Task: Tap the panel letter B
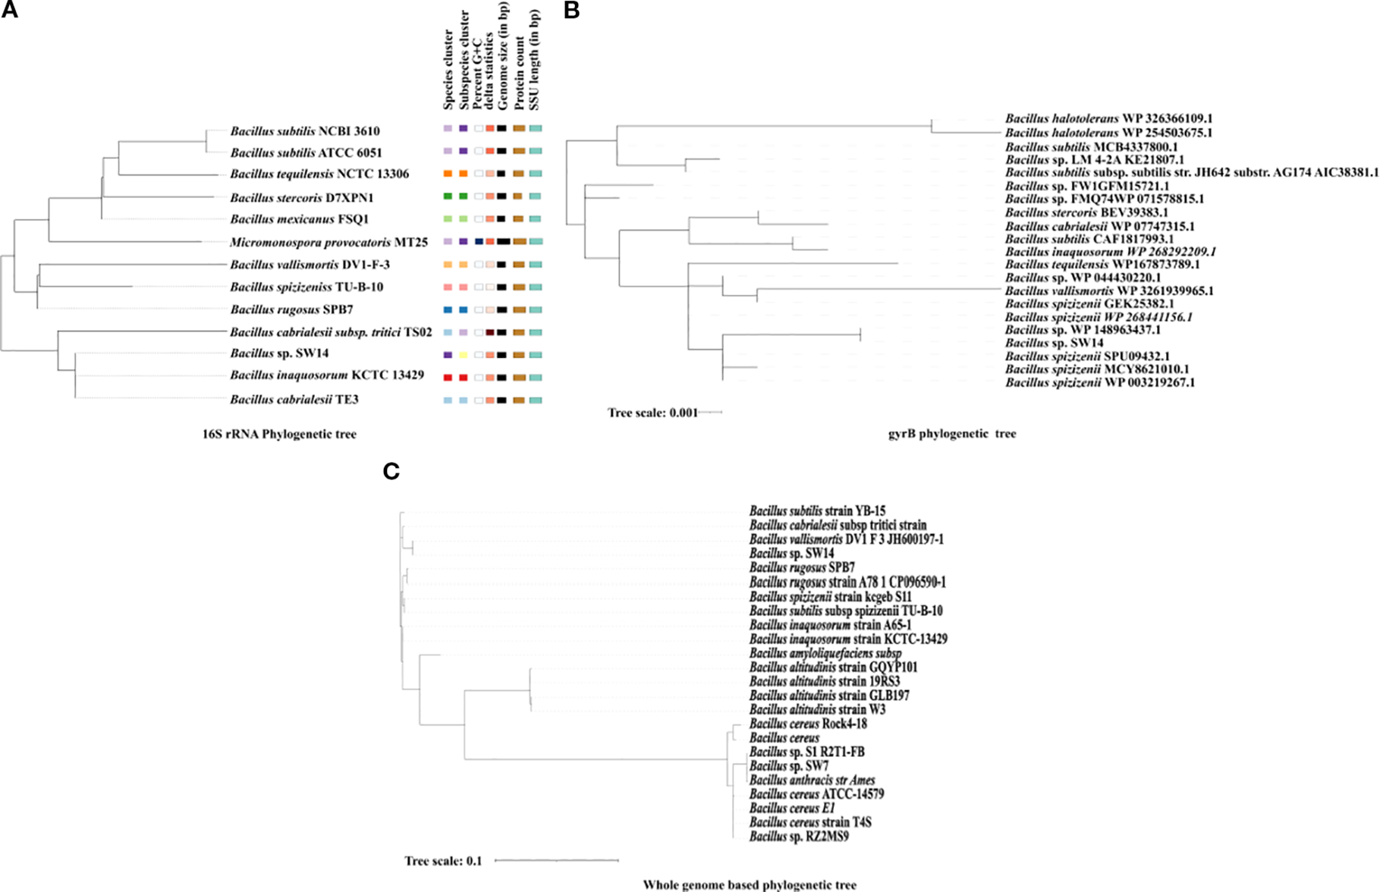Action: click(x=571, y=11)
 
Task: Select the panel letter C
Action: click(x=391, y=472)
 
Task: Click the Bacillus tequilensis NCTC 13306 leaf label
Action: click(x=319, y=174)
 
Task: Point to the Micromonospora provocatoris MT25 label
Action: click(x=328, y=243)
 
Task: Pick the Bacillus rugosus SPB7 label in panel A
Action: click(x=291, y=310)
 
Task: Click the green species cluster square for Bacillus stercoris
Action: click(x=448, y=196)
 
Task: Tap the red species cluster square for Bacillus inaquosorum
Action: click(x=448, y=377)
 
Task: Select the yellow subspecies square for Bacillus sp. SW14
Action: click(x=463, y=355)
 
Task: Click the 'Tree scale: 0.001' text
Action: click(x=652, y=413)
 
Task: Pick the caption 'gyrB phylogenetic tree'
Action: click(x=951, y=435)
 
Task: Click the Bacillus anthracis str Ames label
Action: click(x=812, y=780)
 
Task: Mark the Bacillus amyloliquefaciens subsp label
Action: click(x=825, y=653)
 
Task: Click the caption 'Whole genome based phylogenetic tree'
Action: click(x=750, y=885)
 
